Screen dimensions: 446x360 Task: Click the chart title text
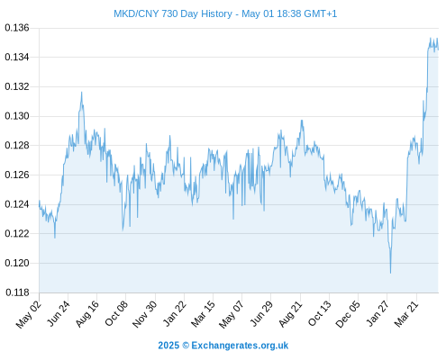[x=225, y=13]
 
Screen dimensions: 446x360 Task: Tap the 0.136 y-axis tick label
[x=17, y=28]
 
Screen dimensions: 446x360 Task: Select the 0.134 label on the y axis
[x=17, y=57]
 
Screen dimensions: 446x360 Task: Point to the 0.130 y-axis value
[x=17, y=116]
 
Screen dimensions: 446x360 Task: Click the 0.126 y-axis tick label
[x=17, y=175]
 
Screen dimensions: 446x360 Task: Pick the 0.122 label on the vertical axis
[x=17, y=234]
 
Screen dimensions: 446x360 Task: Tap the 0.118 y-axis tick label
[x=17, y=292]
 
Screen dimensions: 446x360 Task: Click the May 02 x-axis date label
[x=28, y=314]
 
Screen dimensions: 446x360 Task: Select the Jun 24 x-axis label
[x=59, y=313]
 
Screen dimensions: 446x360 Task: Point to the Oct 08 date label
[x=116, y=313]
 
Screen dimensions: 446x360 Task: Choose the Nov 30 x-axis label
[x=144, y=314]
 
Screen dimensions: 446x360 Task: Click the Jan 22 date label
[x=174, y=313]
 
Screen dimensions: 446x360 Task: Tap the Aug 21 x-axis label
[x=290, y=313]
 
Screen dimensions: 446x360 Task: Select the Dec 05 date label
[x=347, y=314]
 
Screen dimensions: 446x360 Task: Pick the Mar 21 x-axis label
[x=406, y=313]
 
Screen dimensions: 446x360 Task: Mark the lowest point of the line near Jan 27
[x=390, y=273]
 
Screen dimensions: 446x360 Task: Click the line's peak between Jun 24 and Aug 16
[x=81, y=92]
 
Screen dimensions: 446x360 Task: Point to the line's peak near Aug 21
[x=302, y=121]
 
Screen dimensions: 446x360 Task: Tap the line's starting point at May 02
[x=39, y=201]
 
